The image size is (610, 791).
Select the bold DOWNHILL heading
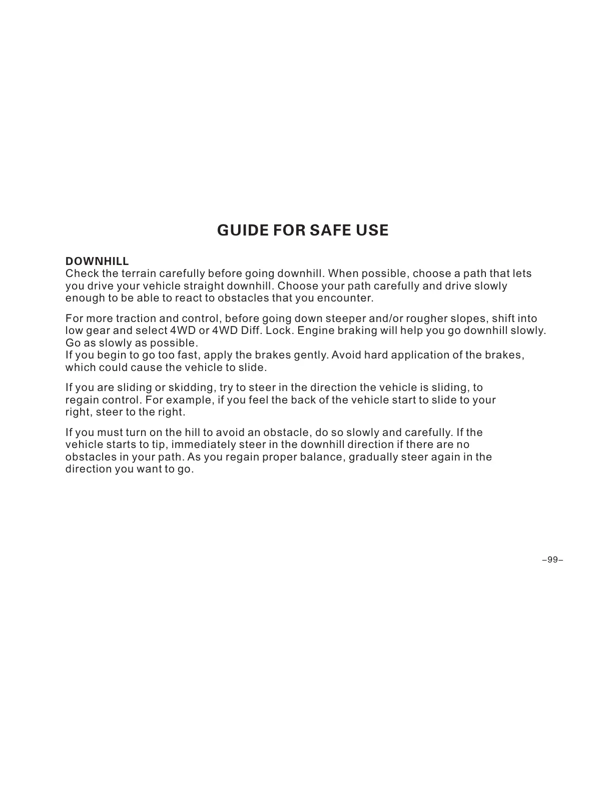click(97, 261)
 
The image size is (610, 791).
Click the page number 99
click(552, 559)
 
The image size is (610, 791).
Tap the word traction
click(135, 318)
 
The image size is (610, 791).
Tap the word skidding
click(192, 387)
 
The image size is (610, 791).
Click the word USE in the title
click(371, 230)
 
